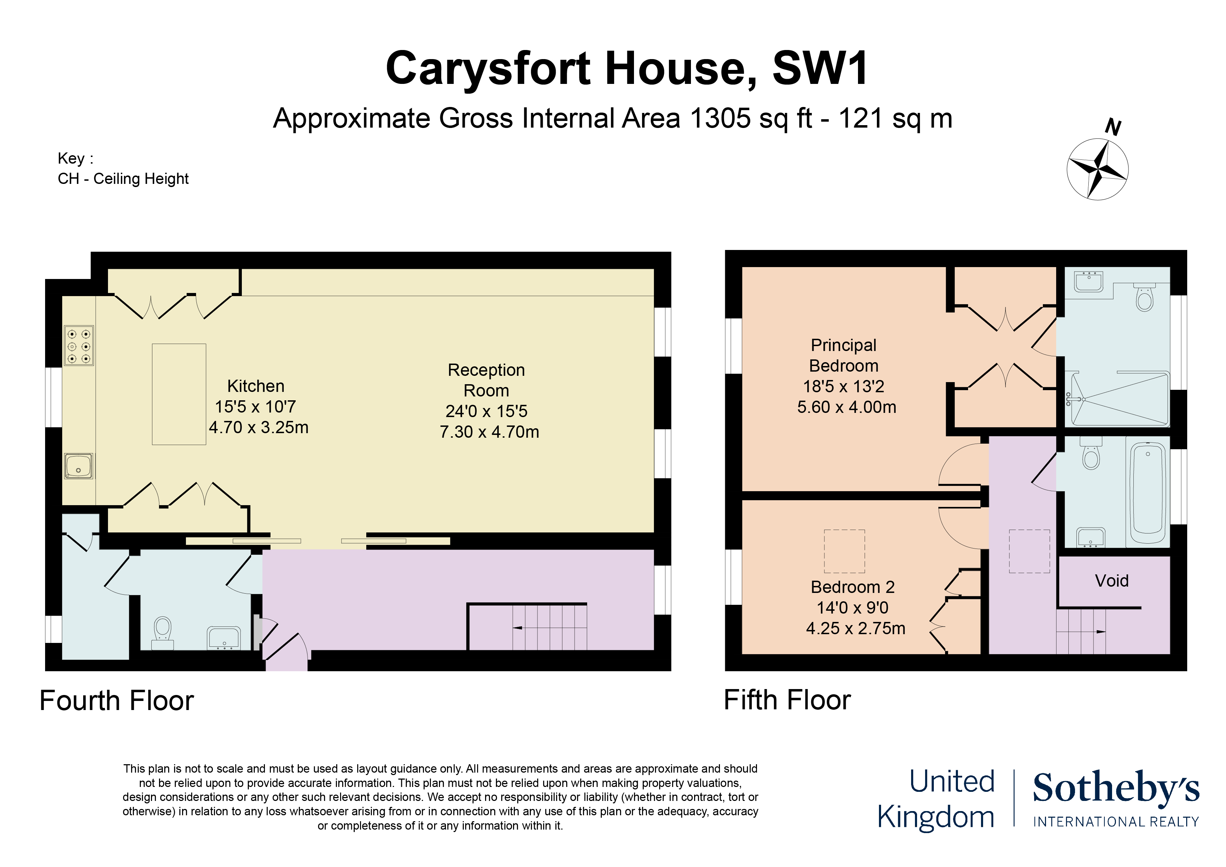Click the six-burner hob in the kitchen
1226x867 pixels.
point(79,346)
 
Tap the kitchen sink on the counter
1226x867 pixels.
point(79,465)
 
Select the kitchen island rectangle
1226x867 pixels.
point(179,394)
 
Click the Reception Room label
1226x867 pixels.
point(486,380)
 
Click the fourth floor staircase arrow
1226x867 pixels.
point(518,628)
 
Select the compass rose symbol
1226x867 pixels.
point(1097,169)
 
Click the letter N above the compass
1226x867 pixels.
point(1113,127)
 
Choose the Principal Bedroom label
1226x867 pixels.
point(844,355)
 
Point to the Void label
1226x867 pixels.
point(1112,581)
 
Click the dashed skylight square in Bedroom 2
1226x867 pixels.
point(844,551)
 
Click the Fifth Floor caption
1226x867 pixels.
point(787,700)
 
